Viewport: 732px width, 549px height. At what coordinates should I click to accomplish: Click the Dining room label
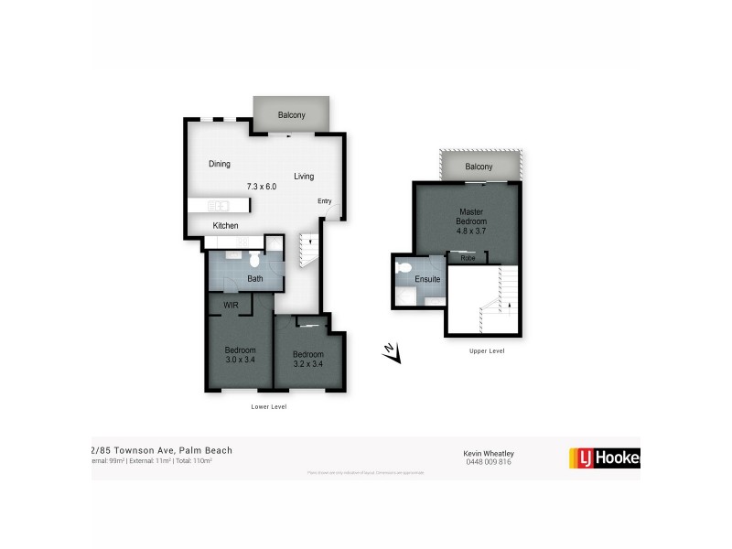220,165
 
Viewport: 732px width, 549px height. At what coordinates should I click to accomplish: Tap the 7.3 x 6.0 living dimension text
262,187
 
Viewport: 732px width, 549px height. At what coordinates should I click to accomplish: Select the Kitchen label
226,226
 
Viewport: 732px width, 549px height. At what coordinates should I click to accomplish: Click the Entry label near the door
324,201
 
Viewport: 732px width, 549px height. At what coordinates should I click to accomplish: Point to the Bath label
255,279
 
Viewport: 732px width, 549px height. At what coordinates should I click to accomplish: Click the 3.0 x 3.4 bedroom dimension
241,361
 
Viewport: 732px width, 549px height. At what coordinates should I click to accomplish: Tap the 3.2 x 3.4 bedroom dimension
308,365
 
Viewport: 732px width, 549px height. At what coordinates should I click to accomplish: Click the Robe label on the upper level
468,258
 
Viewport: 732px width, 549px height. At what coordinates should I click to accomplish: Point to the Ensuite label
427,279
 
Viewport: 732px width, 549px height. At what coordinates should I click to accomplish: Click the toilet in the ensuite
405,270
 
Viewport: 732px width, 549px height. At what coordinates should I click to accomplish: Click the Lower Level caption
269,406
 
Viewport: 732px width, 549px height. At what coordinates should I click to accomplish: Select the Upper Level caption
486,350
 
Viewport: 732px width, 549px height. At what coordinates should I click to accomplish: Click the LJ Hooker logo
604,457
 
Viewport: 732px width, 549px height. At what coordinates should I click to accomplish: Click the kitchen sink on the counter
219,205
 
